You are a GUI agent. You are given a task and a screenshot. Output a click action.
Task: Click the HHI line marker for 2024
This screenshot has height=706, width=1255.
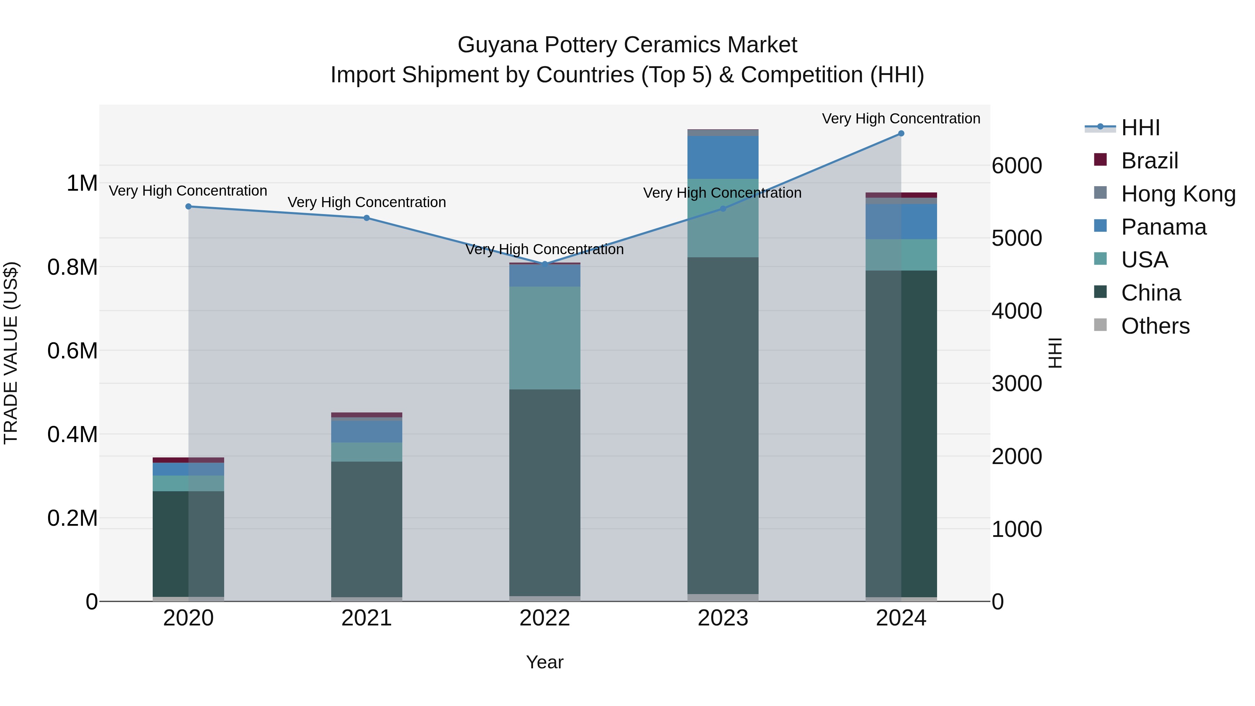point(901,134)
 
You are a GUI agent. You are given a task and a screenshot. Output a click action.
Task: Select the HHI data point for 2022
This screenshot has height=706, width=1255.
point(545,264)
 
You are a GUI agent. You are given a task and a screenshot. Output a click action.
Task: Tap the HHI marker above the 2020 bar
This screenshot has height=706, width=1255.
point(189,207)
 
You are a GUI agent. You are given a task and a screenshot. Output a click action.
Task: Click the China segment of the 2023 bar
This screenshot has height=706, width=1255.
point(723,424)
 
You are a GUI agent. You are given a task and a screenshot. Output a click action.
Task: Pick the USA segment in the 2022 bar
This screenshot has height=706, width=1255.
point(545,337)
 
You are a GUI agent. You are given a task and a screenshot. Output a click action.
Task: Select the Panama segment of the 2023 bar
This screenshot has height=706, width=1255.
point(723,157)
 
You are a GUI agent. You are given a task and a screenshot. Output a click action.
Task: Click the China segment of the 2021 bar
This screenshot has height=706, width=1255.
point(366,529)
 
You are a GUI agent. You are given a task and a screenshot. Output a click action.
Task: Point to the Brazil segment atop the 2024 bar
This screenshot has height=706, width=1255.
point(901,195)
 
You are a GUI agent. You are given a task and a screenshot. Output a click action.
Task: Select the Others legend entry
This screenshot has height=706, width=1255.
point(1155,326)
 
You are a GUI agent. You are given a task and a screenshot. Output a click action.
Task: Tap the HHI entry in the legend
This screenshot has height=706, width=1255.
point(1140,128)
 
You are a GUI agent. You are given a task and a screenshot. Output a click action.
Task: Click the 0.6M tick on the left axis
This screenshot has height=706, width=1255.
point(73,351)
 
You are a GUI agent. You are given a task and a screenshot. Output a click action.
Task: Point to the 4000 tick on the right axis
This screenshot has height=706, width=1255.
point(1017,311)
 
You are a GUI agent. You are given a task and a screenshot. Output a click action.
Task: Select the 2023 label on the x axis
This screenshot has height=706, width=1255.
point(723,618)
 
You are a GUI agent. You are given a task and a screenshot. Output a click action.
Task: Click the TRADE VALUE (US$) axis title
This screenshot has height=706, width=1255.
point(11,353)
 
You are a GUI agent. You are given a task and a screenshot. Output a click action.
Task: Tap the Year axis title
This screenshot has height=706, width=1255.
point(545,662)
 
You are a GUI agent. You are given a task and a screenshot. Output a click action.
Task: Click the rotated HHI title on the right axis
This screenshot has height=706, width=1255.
point(1055,353)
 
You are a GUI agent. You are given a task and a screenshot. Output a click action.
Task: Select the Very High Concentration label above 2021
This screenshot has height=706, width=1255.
point(366,202)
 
